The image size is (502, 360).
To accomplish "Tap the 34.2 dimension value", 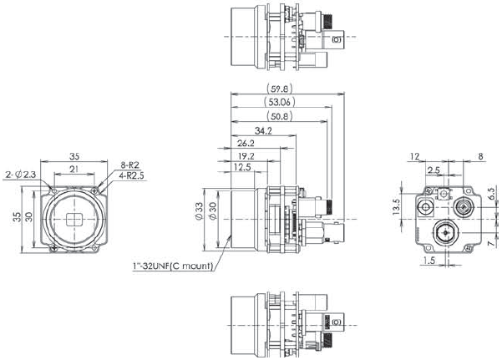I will pos(264,130).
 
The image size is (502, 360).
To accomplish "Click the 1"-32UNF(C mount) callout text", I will pos(173,266).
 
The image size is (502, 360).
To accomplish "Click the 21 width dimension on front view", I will pos(75,169).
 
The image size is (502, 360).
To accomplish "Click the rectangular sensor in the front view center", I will pos(74,220).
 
